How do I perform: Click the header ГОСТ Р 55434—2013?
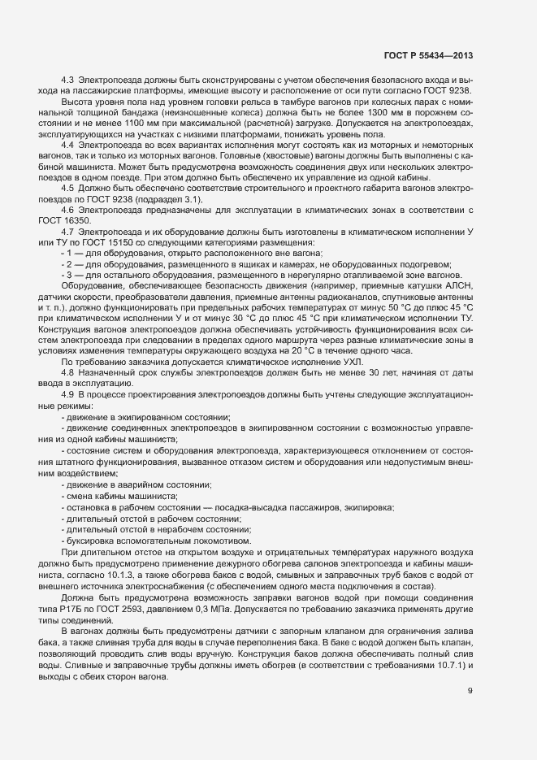(428, 54)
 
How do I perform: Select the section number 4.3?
(68, 80)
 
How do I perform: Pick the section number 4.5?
(68, 189)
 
